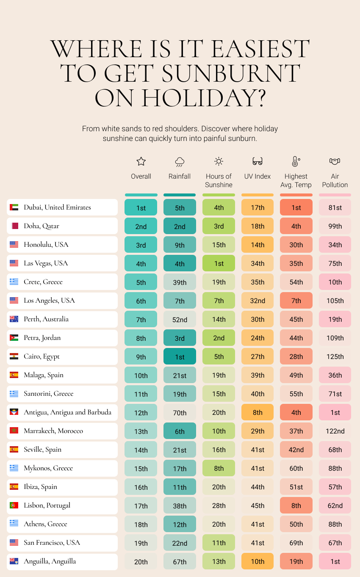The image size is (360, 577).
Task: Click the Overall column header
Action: coord(141,176)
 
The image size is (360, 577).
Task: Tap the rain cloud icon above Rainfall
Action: coord(180,162)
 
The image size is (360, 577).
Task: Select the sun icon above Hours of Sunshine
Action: coord(219,161)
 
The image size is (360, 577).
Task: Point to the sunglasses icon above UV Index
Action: coord(258,161)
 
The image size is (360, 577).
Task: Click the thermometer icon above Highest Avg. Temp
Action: coord(296,161)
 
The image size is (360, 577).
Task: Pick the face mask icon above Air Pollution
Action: coord(335,161)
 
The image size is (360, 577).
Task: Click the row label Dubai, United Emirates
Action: coord(57,207)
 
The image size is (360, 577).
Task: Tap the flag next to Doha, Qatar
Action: coord(14,226)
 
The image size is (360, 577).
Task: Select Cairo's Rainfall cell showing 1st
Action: coord(180,356)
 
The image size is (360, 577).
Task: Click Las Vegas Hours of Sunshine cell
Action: coord(219,263)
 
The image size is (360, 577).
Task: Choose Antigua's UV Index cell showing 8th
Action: coord(258,412)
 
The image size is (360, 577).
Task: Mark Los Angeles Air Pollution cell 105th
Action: coord(335,301)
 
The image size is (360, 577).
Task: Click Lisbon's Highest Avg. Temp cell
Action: coord(296,505)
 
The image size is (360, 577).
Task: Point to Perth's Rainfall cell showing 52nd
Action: coord(180,319)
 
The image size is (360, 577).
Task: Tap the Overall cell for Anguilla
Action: coord(141,561)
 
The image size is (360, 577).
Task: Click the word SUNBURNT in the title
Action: coord(230,73)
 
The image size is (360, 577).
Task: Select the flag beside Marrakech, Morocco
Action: coord(14,431)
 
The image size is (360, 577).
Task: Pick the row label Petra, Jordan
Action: coord(42,338)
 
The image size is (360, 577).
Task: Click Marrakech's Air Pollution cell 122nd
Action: coord(335,431)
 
